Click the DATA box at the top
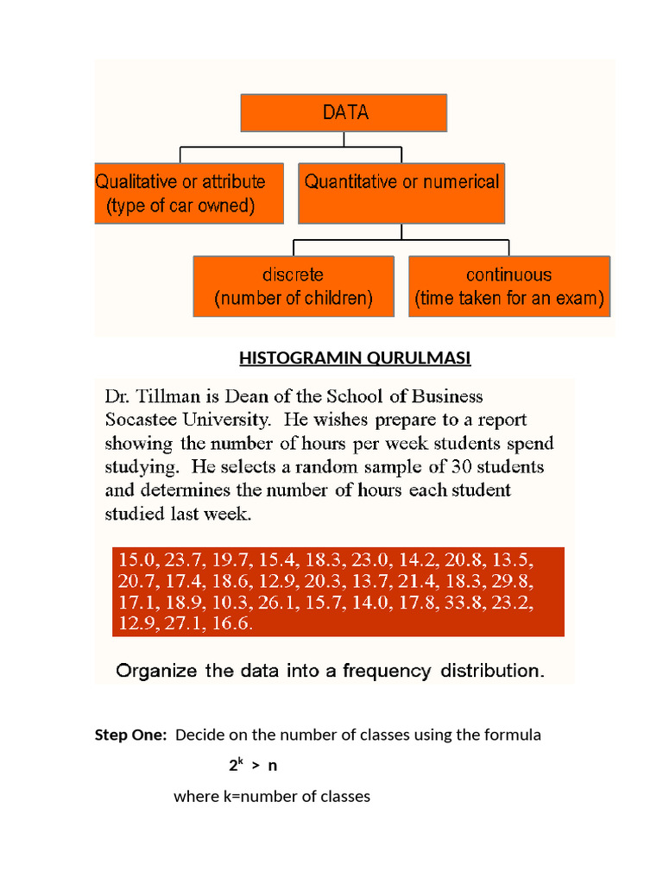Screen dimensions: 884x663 tap(344, 113)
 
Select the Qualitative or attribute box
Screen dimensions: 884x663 tap(189, 194)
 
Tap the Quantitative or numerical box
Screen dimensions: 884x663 tap(401, 194)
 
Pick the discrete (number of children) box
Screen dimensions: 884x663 tap(294, 287)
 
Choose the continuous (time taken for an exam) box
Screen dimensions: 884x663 tap(508, 287)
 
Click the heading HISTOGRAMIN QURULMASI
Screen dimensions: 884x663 tap(355, 358)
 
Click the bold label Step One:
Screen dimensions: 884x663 tap(130, 736)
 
